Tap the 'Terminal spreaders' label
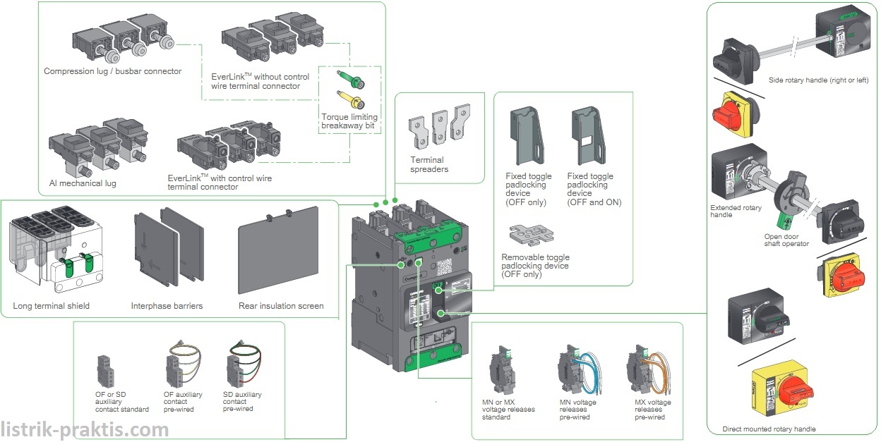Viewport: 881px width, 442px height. click(x=429, y=164)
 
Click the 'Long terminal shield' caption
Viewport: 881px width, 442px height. click(x=51, y=306)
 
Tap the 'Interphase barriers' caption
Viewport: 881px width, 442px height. click(x=167, y=306)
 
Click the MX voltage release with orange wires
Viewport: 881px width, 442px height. click(x=642, y=370)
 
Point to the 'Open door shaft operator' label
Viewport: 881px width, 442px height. click(x=786, y=240)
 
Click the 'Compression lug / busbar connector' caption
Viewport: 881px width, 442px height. click(x=112, y=71)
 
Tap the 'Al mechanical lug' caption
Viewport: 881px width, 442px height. click(x=83, y=183)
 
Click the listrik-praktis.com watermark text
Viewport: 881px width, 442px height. click(x=85, y=429)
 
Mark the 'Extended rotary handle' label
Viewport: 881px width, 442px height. click(x=736, y=211)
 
